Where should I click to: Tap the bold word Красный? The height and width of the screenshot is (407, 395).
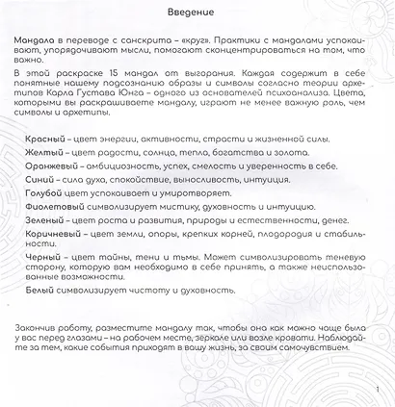46,140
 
